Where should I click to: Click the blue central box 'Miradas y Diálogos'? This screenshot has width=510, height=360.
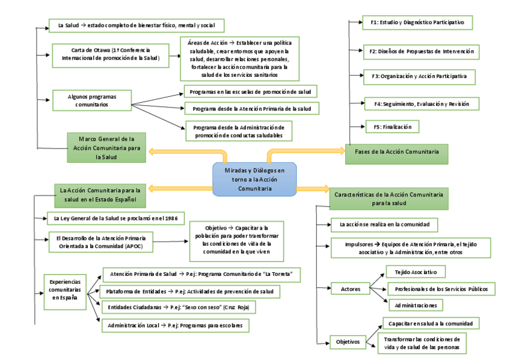tap(254, 179)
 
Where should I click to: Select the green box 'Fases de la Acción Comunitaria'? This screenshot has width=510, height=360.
tap(396, 153)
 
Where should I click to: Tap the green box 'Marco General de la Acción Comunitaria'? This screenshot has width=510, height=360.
tap(106, 147)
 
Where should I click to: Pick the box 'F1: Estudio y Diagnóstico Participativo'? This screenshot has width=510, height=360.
tap(418, 23)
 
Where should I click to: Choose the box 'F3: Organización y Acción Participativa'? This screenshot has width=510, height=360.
tap(419, 77)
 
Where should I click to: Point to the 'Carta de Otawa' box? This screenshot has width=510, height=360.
tap(110, 53)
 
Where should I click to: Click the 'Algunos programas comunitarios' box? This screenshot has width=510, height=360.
tap(92, 100)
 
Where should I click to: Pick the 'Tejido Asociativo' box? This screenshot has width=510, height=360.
tap(411, 272)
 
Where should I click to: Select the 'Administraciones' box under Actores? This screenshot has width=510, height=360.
tap(415, 305)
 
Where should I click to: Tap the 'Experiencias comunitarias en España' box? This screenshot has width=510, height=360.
tap(66, 288)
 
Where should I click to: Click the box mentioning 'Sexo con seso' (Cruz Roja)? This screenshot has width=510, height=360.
tap(179, 307)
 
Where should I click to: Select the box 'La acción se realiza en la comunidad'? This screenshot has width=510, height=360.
tap(384, 225)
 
